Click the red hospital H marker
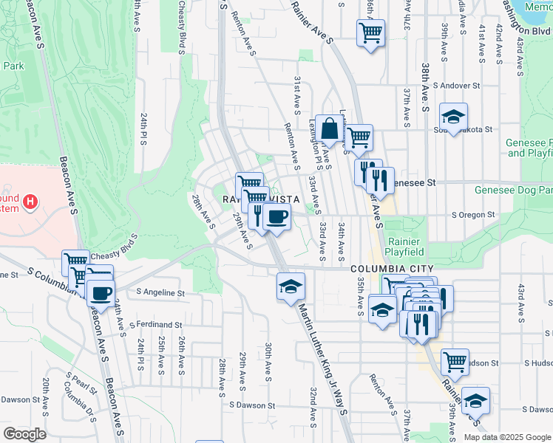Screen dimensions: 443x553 pos(30,201)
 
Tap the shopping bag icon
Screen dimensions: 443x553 pos(329,129)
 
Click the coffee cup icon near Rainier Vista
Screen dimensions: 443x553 pos(276,216)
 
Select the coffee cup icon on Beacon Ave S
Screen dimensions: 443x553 pos(100,292)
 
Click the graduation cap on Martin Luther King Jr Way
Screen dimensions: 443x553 pos(291,286)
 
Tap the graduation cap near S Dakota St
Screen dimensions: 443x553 pos(453,116)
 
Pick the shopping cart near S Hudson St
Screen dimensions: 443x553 pos(455,362)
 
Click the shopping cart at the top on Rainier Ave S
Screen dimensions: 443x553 pos(370,32)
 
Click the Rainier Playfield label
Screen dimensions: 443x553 pos(404,247)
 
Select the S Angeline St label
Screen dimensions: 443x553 pos(160,293)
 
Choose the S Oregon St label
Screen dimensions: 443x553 pos(473,215)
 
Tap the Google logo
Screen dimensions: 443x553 pos(24,434)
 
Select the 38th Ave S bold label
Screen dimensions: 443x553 pos(425,86)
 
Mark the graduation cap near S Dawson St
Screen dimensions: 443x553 pos(475,400)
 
